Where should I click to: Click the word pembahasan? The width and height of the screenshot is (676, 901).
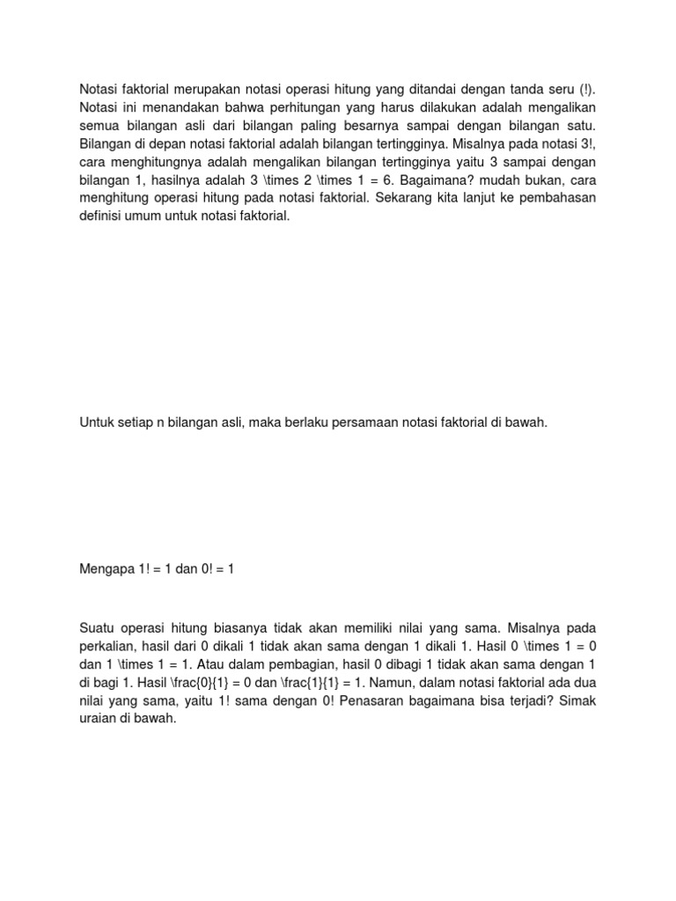[555, 198]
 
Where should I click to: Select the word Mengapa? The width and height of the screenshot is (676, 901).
[107, 569]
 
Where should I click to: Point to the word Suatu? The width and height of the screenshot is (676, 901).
[98, 628]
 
